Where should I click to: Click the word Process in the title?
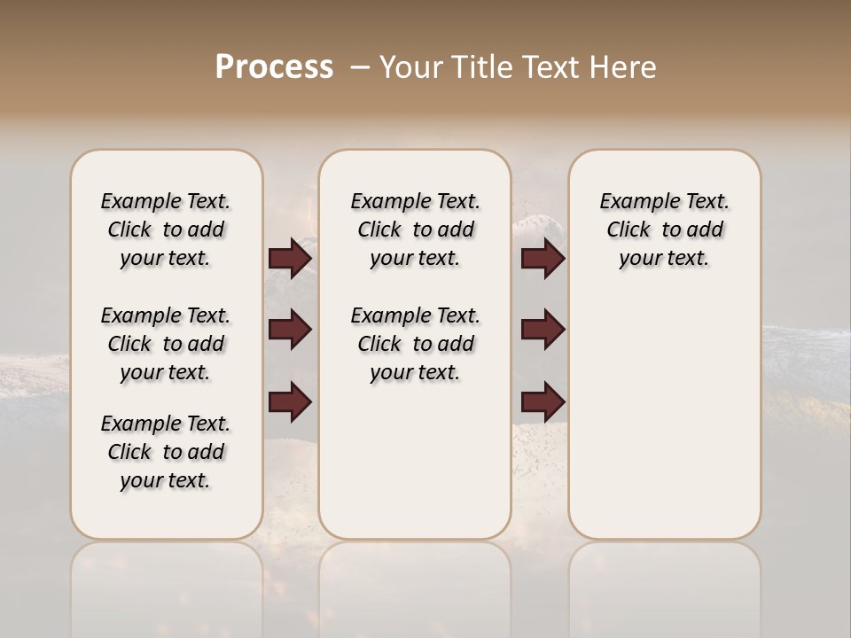[x=274, y=67]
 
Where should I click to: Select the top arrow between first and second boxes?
[x=290, y=259]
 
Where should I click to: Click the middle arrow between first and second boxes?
[x=290, y=330]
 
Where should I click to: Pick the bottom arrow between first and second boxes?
[x=290, y=403]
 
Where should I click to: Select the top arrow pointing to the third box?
[x=543, y=259]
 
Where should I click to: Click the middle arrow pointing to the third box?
[x=543, y=330]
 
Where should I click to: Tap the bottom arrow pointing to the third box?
[x=543, y=403]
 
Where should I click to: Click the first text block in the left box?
[x=166, y=230]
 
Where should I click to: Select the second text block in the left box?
[x=166, y=344]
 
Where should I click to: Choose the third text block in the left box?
[x=166, y=452]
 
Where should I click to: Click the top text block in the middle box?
[x=415, y=230]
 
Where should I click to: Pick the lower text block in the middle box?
[x=415, y=344]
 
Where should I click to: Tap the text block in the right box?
[x=664, y=230]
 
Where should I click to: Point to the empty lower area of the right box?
[x=664, y=416]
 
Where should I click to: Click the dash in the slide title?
[x=359, y=67]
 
